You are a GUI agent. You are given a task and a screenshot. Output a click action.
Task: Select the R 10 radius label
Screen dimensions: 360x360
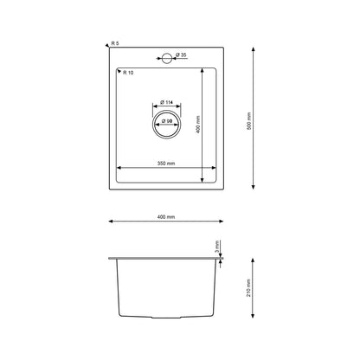click(x=128, y=73)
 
